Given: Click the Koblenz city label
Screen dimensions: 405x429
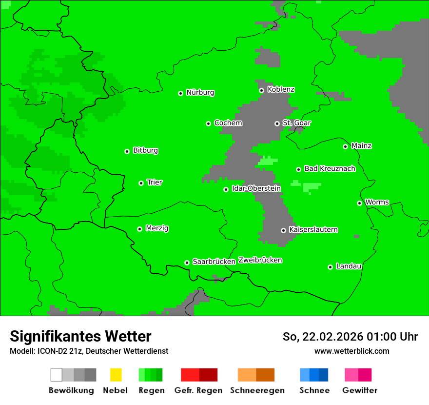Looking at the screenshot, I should [281, 90].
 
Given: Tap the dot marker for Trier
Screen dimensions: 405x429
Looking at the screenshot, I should [141, 183].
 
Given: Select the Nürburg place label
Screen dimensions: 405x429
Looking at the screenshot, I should [200, 93].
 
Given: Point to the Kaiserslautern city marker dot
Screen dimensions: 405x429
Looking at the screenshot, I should [283, 230].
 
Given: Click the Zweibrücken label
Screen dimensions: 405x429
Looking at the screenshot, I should [260, 261].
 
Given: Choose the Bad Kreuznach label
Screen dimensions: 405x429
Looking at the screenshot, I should [330, 169].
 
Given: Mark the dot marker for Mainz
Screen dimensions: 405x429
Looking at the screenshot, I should [345, 146].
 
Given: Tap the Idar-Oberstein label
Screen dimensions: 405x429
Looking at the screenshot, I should [256, 189].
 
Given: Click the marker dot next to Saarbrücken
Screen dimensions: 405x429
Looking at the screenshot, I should [187, 263].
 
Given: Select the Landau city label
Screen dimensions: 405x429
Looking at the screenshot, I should [349, 266].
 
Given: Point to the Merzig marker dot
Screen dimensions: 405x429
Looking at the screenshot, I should [139, 229].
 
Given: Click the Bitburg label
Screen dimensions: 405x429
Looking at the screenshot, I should [145, 151].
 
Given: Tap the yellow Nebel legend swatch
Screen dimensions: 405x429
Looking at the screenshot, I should [116, 375].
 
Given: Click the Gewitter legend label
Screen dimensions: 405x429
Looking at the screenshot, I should [360, 390].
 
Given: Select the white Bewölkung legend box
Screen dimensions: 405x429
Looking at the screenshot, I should [56, 375].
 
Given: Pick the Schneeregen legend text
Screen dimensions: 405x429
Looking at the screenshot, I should [257, 390].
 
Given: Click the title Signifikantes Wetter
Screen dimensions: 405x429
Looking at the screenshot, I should [80, 336].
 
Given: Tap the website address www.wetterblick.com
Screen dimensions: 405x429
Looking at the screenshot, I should [351, 351].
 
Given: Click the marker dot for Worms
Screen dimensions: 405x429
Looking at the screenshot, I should [359, 203].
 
